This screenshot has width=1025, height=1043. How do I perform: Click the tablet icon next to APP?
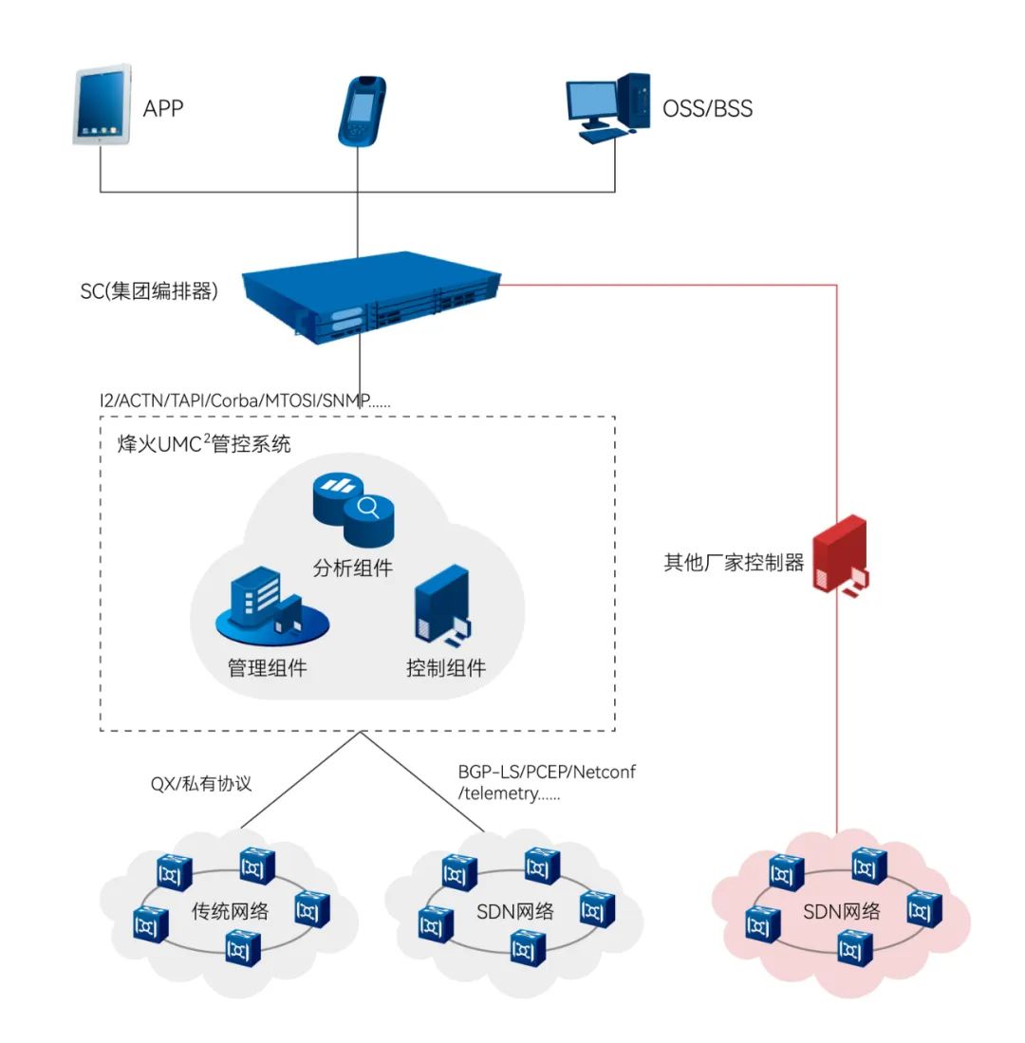pyautogui.click(x=102, y=104)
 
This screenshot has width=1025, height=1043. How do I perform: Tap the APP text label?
pyautogui.click(x=162, y=108)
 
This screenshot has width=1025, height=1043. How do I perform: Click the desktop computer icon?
pyautogui.click(x=608, y=107)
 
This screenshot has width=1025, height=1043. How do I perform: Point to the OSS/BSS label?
pyautogui.click(x=707, y=109)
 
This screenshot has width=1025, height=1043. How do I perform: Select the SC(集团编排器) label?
pyautogui.click(x=150, y=291)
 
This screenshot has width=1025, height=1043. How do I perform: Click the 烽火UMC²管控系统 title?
pyautogui.click(x=196, y=443)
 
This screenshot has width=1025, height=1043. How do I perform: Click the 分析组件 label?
pyautogui.click(x=352, y=569)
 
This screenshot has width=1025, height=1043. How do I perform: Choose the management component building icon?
pyautogui.click(x=269, y=607)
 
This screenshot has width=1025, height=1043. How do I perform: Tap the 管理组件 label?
pyautogui.click(x=268, y=668)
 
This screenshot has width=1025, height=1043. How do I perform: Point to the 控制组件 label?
pyautogui.click(x=446, y=668)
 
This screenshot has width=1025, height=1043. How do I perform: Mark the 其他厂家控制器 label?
pyautogui.click(x=734, y=563)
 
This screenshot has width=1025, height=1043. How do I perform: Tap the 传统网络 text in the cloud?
pyautogui.click(x=231, y=913)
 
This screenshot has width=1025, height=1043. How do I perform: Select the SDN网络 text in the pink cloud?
pyautogui.click(x=842, y=913)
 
